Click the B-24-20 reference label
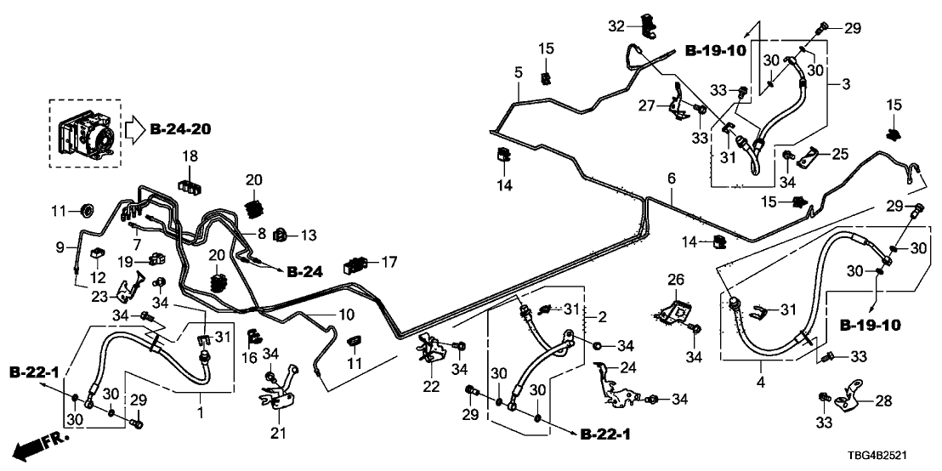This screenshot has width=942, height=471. coord(180,130)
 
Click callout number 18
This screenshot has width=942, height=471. coord(189,156)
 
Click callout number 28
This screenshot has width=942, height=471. coord(884,400)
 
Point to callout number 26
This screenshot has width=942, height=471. coord(675,279)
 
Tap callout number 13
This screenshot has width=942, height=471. coord(308,234)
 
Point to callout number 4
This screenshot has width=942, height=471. coord(761,383)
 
